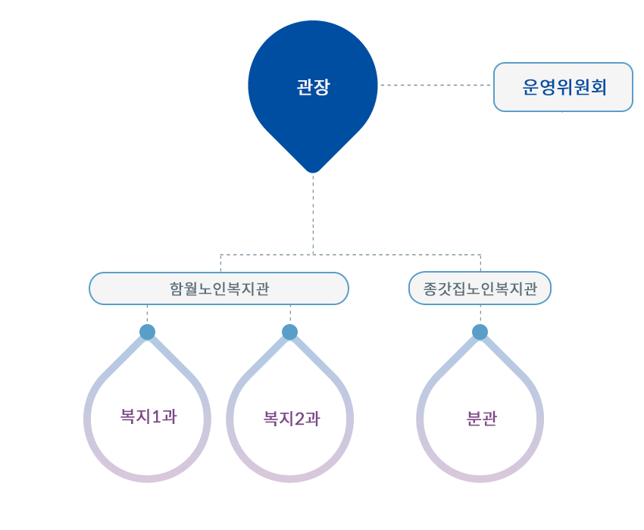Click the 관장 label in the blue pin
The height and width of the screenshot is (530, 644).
[313, 86]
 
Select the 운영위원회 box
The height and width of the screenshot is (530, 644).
[563, 87]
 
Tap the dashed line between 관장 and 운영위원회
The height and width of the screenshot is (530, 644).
[436, 85]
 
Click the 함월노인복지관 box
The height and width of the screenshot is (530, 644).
[219, 288]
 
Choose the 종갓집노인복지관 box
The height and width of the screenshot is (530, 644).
[480, 288]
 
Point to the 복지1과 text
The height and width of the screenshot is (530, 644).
[148, 416]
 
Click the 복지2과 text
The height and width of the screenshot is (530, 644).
[291, 419]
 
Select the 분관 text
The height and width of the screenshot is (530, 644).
[481, 419]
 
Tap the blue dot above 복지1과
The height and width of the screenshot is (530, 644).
[148, 332]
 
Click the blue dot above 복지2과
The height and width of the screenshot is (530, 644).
[290, 332]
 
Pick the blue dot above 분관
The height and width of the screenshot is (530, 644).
[480, 332]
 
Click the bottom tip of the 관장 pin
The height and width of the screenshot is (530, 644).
[313, 173]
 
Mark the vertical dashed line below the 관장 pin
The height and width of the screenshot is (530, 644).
[313, 214]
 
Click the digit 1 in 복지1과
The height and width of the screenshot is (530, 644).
[155, 416]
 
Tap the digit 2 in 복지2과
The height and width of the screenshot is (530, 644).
[299, 419]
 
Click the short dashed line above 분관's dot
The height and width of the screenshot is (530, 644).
[480, 314]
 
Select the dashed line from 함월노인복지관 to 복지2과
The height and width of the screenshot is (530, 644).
[290, 314]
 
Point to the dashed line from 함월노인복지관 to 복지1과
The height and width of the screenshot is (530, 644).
[147, 314]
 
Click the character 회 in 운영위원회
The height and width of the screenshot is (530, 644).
[599, 87]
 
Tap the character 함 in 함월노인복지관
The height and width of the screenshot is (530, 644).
[177, 288]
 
